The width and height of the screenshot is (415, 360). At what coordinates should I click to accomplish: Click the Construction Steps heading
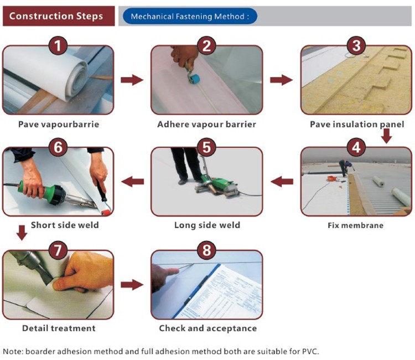(56, 16)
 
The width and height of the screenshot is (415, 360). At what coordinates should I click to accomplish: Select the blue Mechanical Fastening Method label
(190, 17)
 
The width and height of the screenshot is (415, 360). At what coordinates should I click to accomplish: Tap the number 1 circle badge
(58, 45)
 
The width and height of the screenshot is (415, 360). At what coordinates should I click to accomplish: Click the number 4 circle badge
(356, 147)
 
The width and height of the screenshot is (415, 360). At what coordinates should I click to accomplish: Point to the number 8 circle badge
(207, 250)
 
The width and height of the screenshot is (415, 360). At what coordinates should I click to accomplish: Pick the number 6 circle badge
(58, 147)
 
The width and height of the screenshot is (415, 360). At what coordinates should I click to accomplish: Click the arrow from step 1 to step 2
(132, 80)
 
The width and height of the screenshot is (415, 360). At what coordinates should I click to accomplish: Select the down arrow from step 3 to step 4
(387, 136)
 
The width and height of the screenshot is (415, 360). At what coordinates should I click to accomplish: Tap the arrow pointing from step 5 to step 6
(133, 182)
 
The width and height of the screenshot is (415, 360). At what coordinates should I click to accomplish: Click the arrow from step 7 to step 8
(132, 285)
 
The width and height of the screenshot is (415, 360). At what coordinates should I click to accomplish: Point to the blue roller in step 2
(195, 79)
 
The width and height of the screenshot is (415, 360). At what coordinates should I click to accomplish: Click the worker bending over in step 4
(345, 167)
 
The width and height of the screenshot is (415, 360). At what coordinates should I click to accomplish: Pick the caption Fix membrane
(355, 225)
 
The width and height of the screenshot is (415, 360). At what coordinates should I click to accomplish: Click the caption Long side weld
(207, 225)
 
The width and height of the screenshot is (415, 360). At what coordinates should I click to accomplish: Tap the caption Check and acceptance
(208, 328)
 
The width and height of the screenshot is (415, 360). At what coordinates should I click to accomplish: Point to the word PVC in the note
(310, 352)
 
